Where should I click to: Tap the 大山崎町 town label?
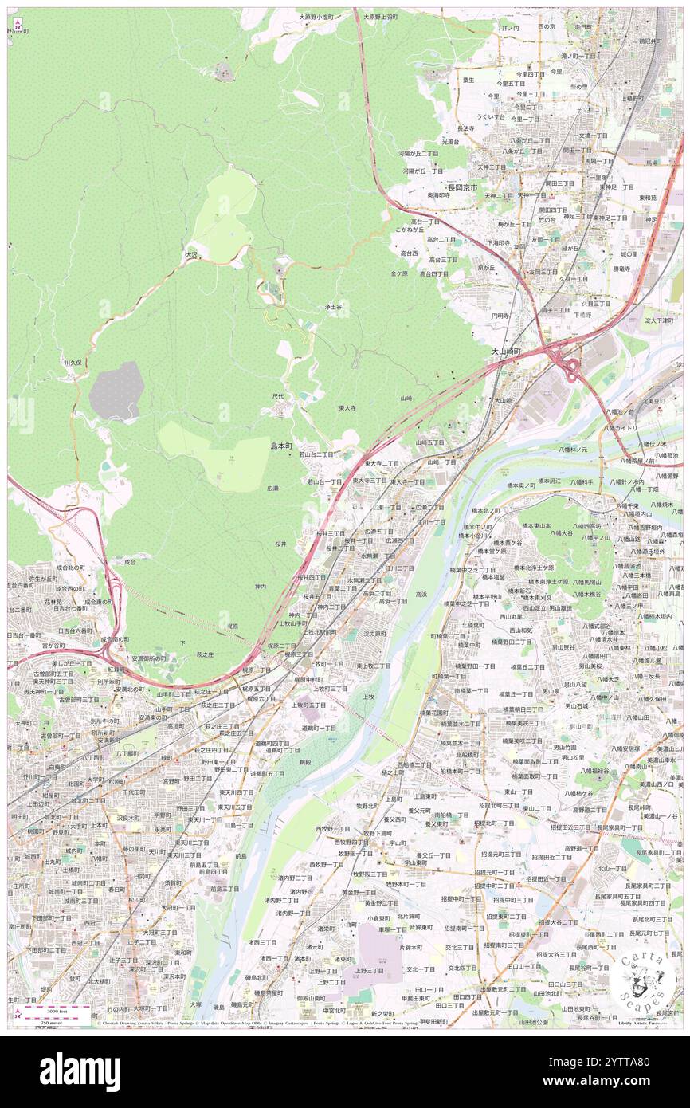point(506,351)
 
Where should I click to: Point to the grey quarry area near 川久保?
point(116,391)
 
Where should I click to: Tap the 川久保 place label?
point(73,363)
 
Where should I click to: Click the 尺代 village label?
point(278,395)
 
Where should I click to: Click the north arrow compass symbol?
point(17,22)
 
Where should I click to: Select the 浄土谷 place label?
point(333,307)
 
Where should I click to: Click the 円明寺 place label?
point(500,316)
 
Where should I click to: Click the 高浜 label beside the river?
point(421,594)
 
